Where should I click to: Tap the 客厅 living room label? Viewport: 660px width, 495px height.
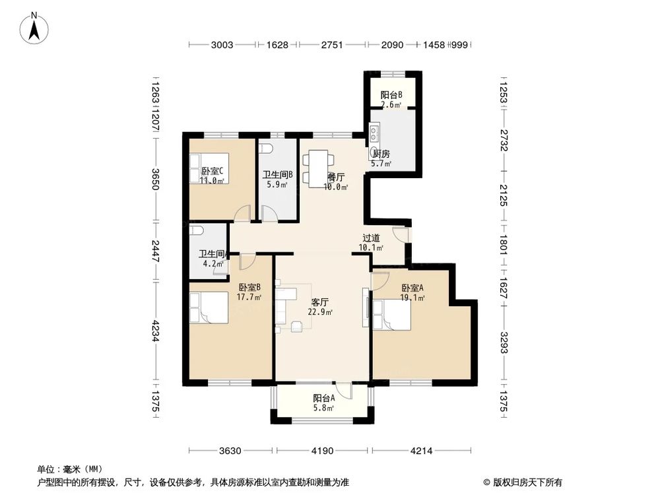pos(320,302)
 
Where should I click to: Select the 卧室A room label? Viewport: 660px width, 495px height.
pos(412,288)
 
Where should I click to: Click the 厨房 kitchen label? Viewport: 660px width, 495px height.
pos(381,154)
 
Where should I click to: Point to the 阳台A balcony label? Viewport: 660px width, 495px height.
pos(323,398)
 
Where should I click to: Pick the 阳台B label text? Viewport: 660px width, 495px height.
pos(391,94)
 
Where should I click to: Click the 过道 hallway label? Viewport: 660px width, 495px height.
pos(371,238)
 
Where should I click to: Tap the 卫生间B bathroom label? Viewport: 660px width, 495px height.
pos(277,175)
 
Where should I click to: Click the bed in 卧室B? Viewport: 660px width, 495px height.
pos(208,308)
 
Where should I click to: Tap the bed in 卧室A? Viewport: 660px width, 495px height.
pos(393,314)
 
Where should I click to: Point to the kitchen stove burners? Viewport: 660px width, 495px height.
pos(374,135)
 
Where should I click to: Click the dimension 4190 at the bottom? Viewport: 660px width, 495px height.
pos(322,451)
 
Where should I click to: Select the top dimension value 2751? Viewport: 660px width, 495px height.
pos(332,45)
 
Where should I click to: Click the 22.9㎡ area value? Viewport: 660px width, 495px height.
pos(320,312)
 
